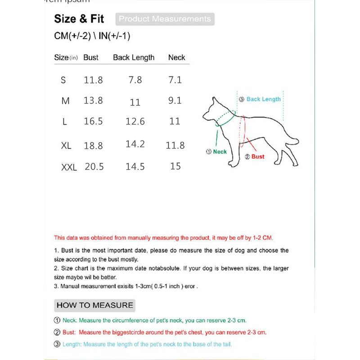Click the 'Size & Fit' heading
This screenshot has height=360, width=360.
pyautogui.click(x=79, y=19)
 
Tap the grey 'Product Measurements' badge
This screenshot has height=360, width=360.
pyautogui.click(x=165, y=19)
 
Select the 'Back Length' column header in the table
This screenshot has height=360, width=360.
pyautogui.click(x=134, y=58)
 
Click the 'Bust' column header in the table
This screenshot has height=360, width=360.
pyautogui.click(x=91, y=58)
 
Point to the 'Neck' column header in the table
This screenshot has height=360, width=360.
pyautogui.click(x=176, y=58)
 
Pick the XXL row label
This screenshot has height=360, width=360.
pyautogui.click(x=69, y=167)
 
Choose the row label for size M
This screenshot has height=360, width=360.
pyautogui.click(x=66, y=101)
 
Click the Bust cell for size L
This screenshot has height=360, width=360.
pyautogui.click(x=93, y=121)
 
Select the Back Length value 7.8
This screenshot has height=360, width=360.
pyautogui.click(x=135, y=80)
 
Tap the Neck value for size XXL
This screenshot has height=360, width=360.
pyautogui.click(x=175, y=166)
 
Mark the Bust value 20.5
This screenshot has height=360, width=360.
pyautogui.click(x=94, y=167)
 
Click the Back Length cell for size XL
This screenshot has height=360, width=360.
pyautogui.click(x=135, y=144)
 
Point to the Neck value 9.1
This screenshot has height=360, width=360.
pyautogui.click(x=175, y=100)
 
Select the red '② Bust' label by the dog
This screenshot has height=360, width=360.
pyautogui.click(x=255, y=157)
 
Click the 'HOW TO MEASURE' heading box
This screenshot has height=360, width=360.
pyautogui.click(x=94, y=305)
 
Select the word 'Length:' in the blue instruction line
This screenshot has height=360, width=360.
pyautogui.click(x=71, y=344)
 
